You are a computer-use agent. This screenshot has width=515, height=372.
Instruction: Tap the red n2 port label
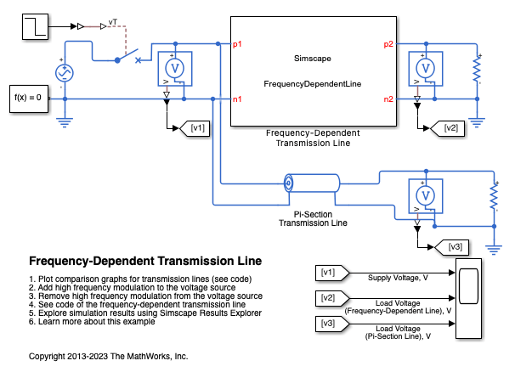point(388,99)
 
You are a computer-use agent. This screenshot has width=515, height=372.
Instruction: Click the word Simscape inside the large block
point(313,58)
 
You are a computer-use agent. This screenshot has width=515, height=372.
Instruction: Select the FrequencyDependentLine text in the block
point(313,84)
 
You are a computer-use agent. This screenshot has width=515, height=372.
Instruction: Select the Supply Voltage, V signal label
point(397,278)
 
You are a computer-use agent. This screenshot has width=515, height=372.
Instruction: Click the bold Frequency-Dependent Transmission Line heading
point(145,261)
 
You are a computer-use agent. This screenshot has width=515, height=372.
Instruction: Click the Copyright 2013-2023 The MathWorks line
point(108,355)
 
